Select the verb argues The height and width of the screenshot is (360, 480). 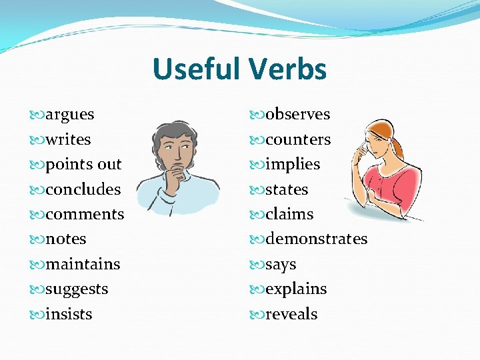point(69,115)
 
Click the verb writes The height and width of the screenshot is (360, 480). point(68,140)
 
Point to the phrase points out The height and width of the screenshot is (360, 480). point(83,165)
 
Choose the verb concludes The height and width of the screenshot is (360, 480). point(83,189)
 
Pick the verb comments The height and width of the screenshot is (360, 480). point(85,215)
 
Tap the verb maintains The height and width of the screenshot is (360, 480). point(83,265)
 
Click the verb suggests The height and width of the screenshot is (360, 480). point(77,289)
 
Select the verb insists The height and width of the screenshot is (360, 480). point(69,314)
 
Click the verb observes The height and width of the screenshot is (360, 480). point(297,115)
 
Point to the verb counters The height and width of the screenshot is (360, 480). point(297,140)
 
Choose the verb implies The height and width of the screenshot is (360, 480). point(293,165)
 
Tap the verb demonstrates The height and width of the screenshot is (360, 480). point(316,239)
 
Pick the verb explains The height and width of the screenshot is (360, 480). point(296,289)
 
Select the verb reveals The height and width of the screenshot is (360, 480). point(291,314)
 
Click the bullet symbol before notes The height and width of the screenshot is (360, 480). point(38,239)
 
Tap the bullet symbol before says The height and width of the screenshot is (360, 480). point(258,265)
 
